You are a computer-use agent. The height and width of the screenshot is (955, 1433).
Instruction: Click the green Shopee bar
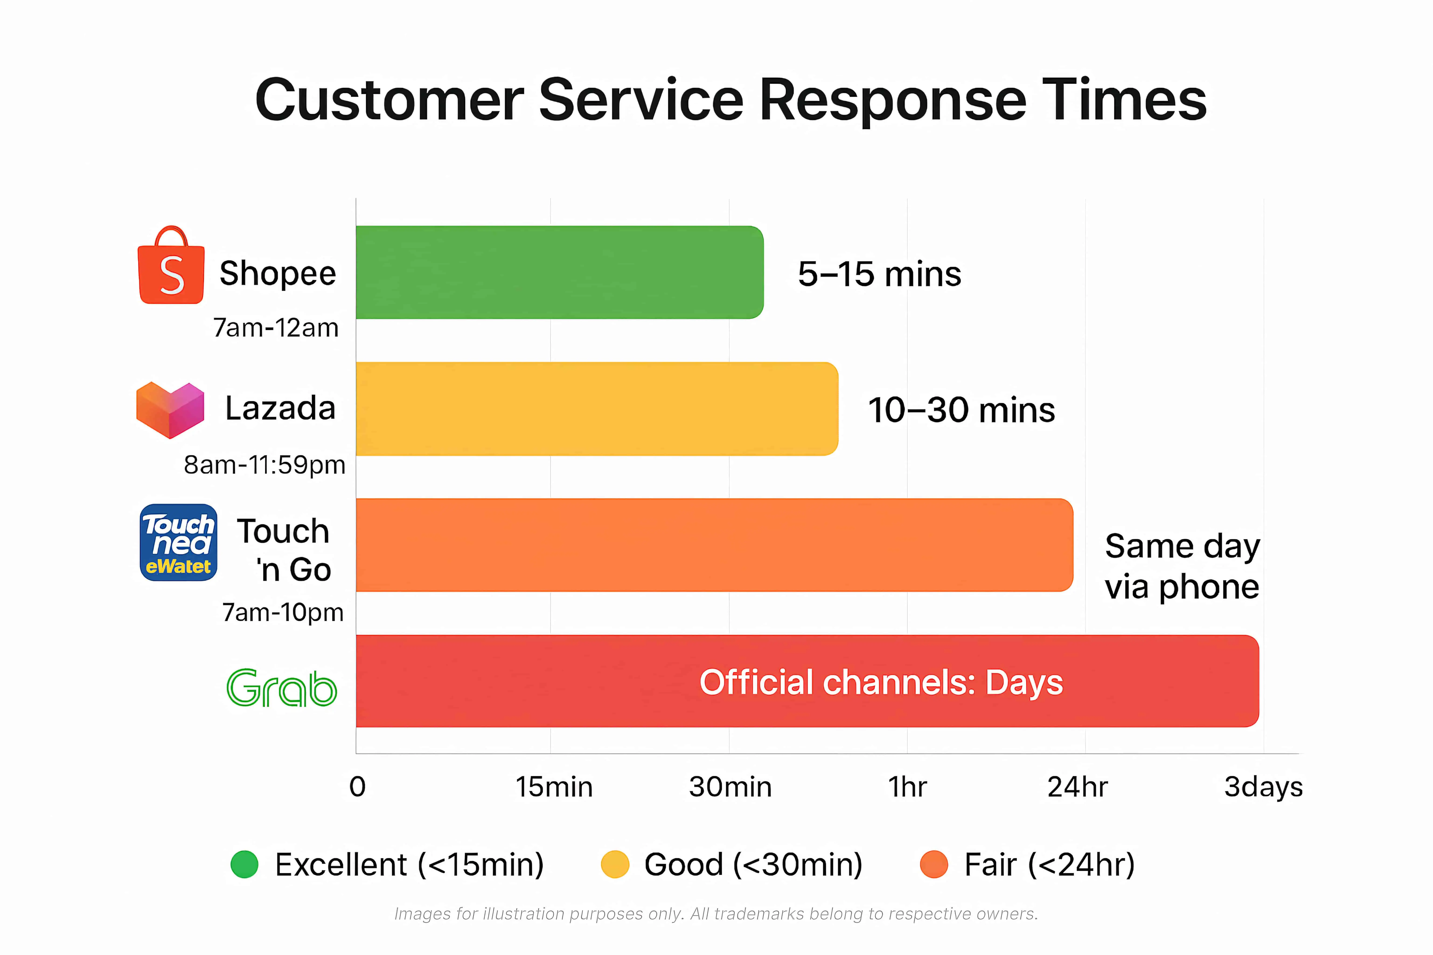559,272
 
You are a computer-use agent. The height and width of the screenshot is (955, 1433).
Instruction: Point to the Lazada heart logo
170,409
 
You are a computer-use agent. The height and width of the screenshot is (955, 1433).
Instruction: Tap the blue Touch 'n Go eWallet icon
178,542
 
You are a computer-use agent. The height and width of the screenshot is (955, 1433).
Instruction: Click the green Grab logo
282,688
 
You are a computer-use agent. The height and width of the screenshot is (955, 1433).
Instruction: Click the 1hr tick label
907,787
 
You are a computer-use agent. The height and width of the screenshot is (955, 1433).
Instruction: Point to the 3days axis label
1263,787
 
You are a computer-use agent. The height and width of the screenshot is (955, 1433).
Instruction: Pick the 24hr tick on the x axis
1077,787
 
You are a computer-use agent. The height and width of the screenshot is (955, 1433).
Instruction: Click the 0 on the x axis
358,787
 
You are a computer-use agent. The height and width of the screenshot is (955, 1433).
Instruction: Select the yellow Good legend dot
615,864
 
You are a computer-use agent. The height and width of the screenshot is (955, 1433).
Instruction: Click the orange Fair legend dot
934,864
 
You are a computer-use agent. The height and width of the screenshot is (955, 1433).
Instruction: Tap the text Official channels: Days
881,682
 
